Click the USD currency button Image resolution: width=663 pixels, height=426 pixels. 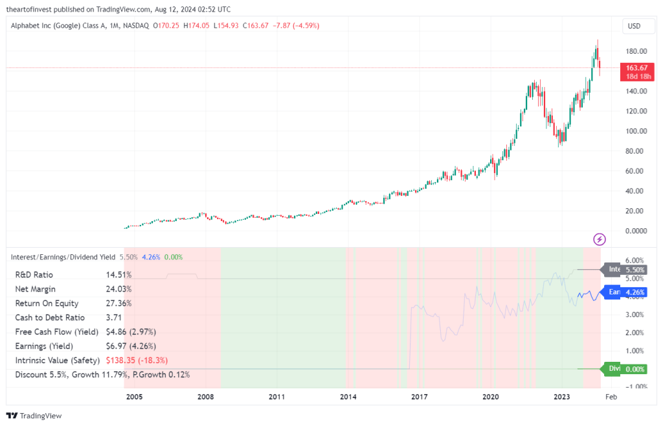(635, 26)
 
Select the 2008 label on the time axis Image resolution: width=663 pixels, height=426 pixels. (205, 396)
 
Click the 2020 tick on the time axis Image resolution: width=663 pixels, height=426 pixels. (491, 396)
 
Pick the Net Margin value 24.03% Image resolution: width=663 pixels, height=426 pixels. (118, 289)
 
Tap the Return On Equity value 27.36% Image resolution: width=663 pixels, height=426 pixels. (118, 303)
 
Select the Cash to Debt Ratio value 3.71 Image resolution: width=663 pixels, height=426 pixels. (114, 317)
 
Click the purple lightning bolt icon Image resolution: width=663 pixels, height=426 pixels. (600, 239)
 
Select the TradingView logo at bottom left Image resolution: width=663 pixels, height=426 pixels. (34, 416)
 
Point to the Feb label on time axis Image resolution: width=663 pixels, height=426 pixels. (611, 396)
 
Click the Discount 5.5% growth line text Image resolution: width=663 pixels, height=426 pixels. (102, 374)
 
